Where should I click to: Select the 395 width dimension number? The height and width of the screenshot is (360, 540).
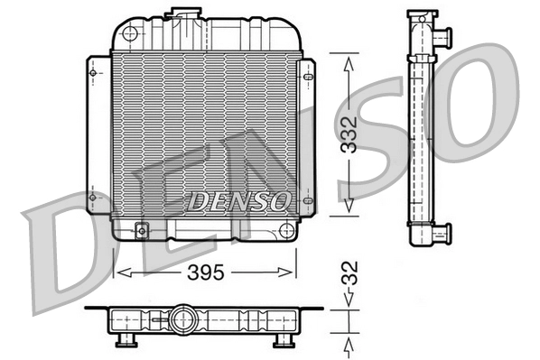pyautogui.click(x=205, y=270)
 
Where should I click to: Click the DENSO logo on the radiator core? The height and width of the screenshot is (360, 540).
pyautogui.click(x=239, y=201)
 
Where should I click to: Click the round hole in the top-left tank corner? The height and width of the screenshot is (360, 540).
pyautogui.click(x=129, y=34)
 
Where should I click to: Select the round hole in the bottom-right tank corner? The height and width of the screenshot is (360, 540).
pyautogui.click(x=286, y=228)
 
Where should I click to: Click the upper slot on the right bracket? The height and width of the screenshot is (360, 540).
pyautogui.click(x=310, y=77)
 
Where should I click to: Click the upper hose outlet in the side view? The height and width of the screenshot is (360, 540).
pyautogui.click(x=442, y=39)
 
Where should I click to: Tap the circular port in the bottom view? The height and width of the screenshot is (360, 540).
pyautogui.click(x=185, y=319)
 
